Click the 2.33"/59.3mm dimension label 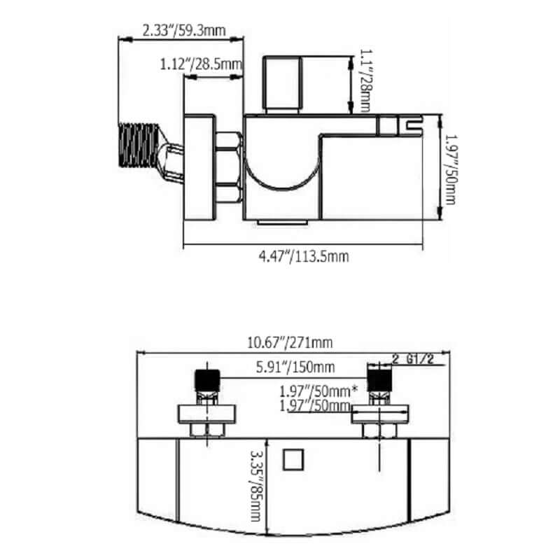(x=184, y=30)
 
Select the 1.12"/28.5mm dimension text (x=201, y=64)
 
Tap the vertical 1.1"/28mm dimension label (x=365, y=80)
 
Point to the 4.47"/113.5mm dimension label (x=304, y=256)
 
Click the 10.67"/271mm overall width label (x=290, y=342)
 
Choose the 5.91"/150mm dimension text (x=295, y=367)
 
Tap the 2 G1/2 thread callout (x=413, y=359)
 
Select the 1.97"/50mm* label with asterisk (x=318, y=391)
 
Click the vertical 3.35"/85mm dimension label (x=255, y=486)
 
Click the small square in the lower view (x=293, y=460)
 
